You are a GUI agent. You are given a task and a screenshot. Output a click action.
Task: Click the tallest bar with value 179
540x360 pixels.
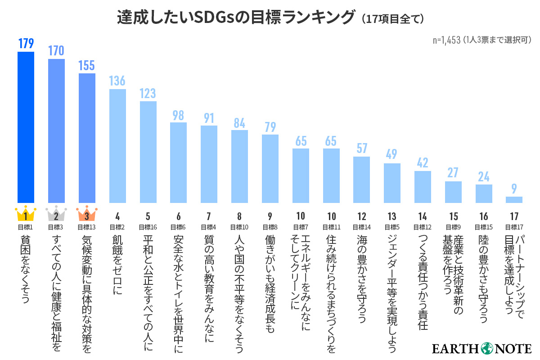26,127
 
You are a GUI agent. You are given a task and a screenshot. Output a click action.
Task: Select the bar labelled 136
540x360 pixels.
117,146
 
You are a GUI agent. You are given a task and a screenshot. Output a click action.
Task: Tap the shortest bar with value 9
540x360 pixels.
514,199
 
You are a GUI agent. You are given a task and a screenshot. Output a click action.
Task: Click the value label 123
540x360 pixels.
148,93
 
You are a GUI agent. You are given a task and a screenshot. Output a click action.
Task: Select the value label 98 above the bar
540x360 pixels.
178,115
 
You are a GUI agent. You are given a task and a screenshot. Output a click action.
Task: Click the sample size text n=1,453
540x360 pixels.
447,40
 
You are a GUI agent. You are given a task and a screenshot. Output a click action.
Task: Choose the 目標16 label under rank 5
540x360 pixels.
148,227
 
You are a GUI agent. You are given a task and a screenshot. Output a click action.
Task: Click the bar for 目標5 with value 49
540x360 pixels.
392,183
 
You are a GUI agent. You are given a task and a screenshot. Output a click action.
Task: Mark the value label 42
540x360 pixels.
423,163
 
